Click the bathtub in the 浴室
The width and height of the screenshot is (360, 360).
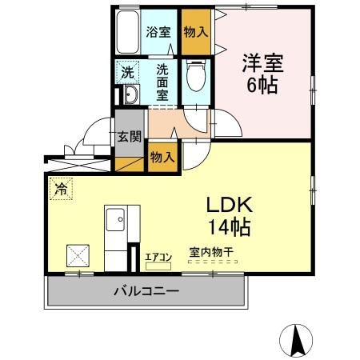(128, 32)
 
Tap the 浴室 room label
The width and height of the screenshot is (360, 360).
(158, 32)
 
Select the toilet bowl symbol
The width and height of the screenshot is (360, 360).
(196, 75)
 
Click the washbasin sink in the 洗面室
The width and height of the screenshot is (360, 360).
(131, 94)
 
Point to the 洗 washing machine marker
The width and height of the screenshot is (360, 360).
(127, 72)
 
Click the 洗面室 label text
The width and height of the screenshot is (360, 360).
(162, 82)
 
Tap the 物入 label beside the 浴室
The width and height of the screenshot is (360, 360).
(196, 32)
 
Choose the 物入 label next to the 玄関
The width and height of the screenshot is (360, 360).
(162, 157)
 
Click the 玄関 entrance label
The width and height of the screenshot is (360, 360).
(130, 137)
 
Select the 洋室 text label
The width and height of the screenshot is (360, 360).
(262, 63)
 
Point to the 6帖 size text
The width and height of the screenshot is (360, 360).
(262, 85)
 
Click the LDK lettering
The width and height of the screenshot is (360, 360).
(230, 205)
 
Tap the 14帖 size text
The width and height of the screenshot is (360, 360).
(230, 227)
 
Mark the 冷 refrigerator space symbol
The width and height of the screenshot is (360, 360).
(61, 189)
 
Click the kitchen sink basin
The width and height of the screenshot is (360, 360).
(115, 219)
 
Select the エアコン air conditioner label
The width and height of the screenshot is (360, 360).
(158, 258)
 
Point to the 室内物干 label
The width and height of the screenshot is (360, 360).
(211, 252)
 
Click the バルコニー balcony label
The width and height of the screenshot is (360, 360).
(146, 291)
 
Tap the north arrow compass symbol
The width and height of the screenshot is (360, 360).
(296, 341)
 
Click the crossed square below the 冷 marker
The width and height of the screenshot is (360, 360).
(78, 255)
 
